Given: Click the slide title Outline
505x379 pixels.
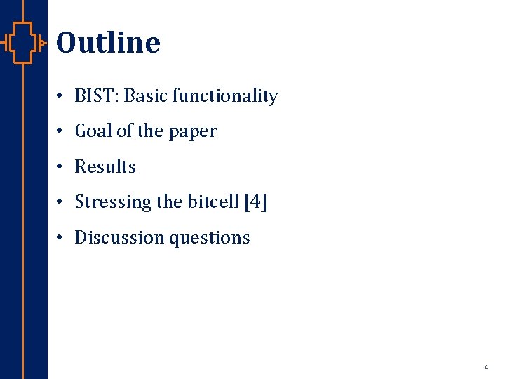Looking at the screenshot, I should coord(108,43).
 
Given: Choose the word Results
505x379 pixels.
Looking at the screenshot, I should coord(105,167).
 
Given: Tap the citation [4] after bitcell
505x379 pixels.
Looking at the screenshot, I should coord(255,202).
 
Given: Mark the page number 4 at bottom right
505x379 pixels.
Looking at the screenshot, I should coord(485,368).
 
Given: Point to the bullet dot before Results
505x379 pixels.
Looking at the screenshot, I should coord(62,167).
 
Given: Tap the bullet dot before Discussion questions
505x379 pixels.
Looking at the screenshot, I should coord(62,238).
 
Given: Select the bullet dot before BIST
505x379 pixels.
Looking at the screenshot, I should coord(62,96).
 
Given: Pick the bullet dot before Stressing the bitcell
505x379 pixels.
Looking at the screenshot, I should coord(62,202).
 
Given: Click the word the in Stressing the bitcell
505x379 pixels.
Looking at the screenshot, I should coord(169,202).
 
